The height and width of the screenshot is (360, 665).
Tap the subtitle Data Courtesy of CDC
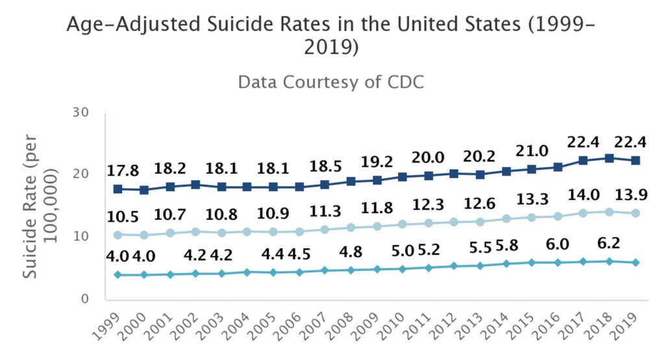click(x=332, y=83)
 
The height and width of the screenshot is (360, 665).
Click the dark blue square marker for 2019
click(x=636, y=161)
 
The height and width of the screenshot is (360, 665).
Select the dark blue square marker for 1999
click(x=117, y=189)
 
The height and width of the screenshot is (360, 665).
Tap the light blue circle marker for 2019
click(x=636, y=213)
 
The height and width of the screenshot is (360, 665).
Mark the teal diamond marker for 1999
click(x=117, y=275)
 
